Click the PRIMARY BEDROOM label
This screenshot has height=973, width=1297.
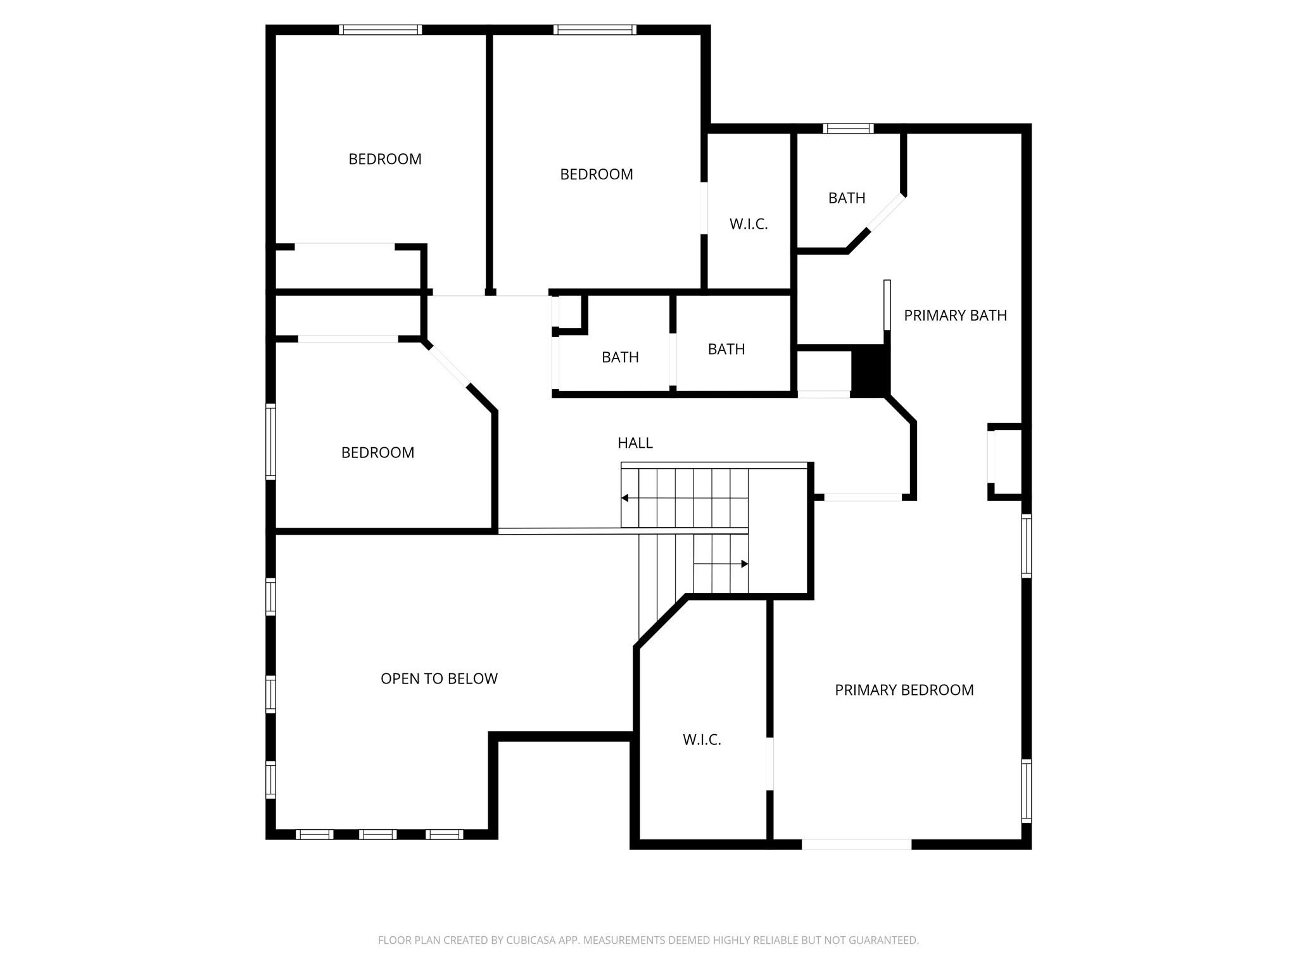click(x=904, y=690)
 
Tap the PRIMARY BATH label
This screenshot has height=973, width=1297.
click(x=954, y=315)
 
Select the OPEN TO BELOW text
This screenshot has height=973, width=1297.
click(x=439, y=678)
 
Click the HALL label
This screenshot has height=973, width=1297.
click(x=635, y=443)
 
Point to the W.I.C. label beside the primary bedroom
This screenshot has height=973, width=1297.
click(x=702, y=739)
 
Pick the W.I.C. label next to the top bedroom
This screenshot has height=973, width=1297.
click(x=748, y=224)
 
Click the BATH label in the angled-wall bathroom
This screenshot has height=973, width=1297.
click(x=847, y=198)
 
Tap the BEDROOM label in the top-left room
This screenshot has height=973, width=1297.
click(x=385, y=159)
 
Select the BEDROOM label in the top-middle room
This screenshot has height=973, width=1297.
click(x=596, y=174)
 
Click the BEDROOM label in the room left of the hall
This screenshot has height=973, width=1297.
click(x=377, y=452)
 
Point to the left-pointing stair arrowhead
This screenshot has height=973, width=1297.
click(x=624, y=498)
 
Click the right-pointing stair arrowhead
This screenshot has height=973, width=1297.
click(x=745, y=564)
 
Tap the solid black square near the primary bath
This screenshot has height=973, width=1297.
click(x=870, y=371)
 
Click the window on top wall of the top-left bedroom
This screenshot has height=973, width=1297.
click(x=380, y=30)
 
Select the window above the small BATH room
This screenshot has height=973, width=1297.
click(x=848, y=129)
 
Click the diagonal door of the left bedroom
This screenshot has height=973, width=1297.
click(x=449, y=366)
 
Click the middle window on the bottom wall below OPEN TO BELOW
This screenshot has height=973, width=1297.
click(x=377, y=834)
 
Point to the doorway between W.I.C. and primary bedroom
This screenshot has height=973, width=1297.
click(x=770, y=764)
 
